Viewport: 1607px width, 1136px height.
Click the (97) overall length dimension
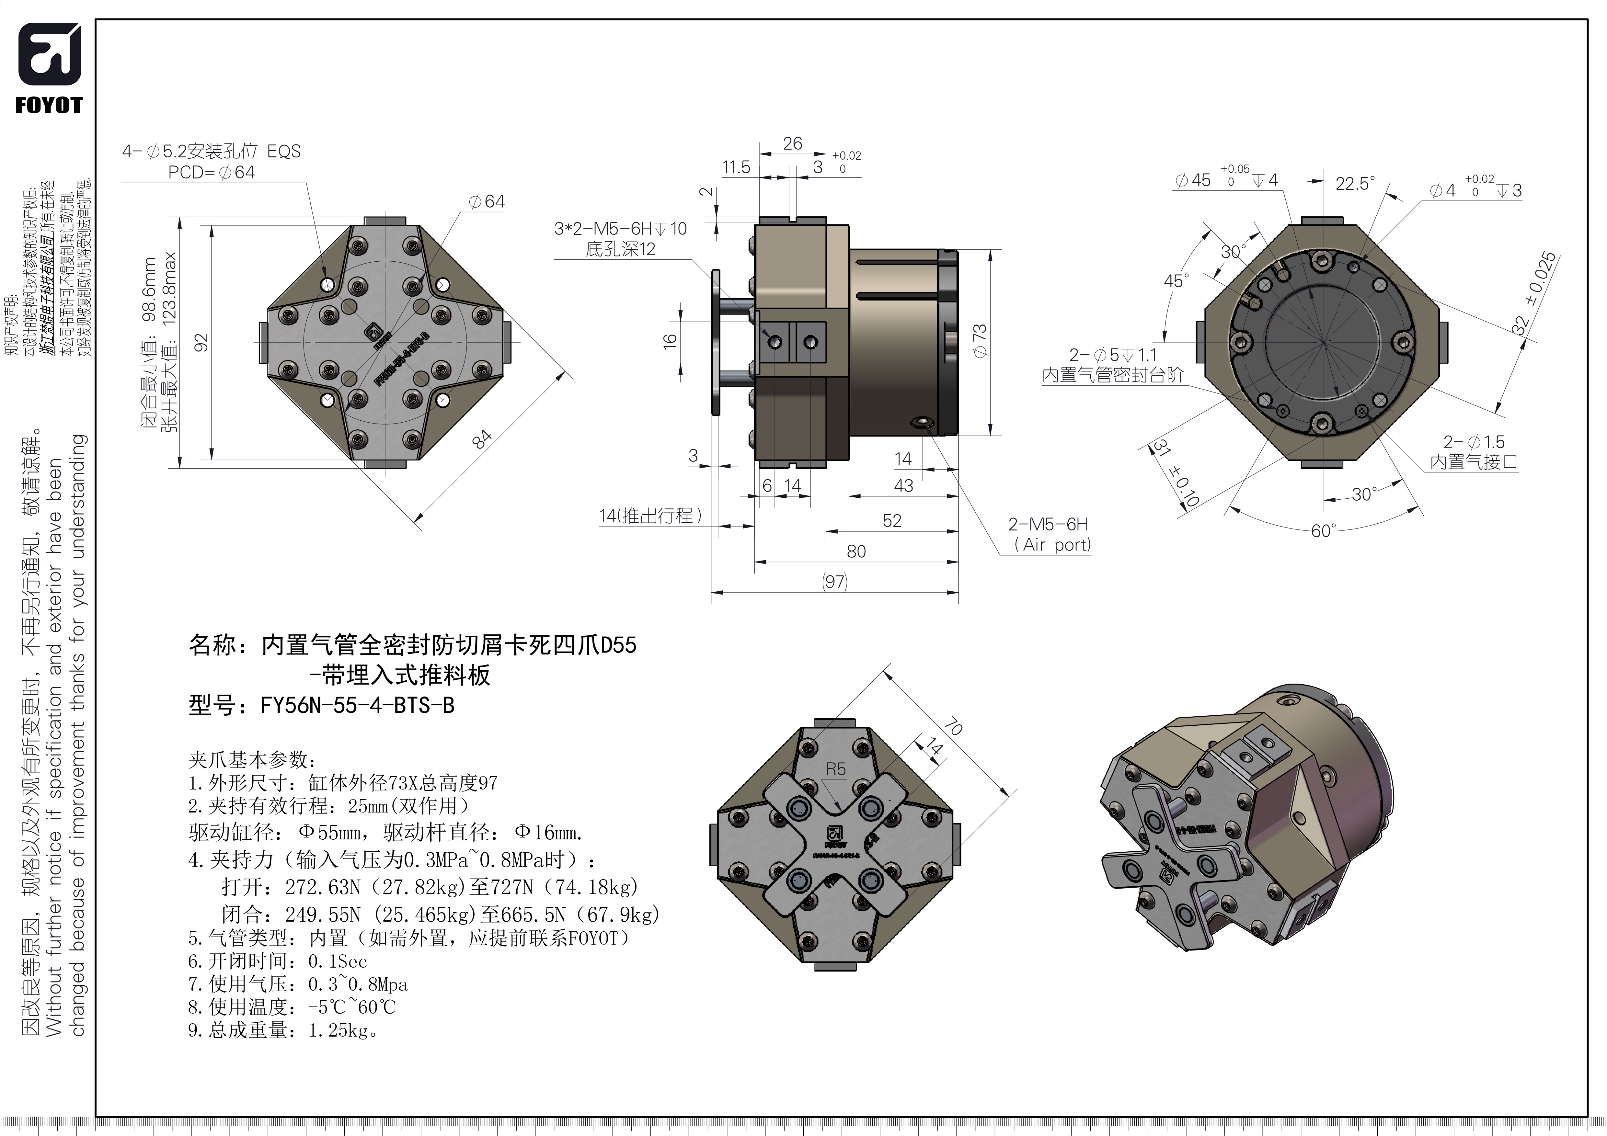click(834, 582)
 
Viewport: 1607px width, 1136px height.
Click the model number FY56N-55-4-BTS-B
click(357, 705)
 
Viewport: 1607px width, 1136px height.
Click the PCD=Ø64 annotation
click(212, 172)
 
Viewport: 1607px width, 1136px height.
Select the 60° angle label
click(1323, 531)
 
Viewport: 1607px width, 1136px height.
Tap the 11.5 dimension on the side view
click(736, 167)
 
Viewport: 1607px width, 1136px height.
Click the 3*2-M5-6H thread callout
click(620, 229)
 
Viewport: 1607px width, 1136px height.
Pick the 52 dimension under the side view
click(892, 520)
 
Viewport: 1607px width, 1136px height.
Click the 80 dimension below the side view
click(856, 551)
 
